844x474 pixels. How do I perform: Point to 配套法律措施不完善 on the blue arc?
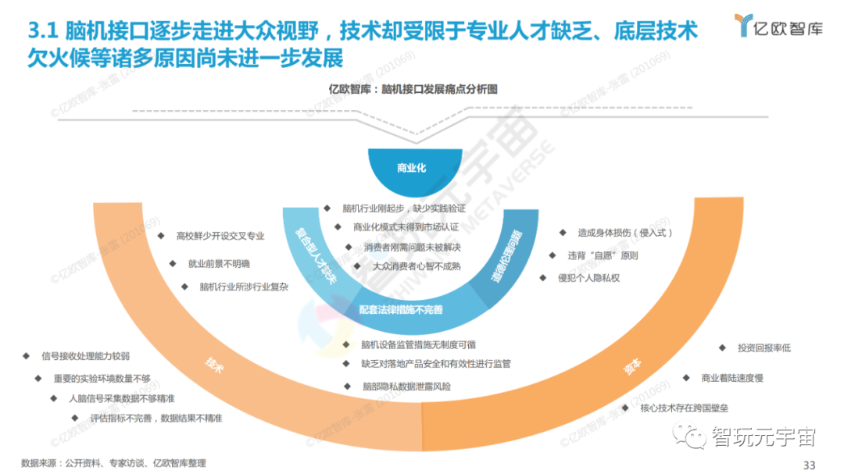[x=401, y=309]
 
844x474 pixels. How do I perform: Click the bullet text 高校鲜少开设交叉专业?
[x=220, y=235]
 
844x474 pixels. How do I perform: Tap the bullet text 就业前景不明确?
[x=219, y=263]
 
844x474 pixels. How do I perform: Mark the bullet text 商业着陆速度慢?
[x=732, y=378]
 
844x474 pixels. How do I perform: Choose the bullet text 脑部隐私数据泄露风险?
[x=406, y=386]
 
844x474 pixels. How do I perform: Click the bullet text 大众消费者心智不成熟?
[x=417, y=266]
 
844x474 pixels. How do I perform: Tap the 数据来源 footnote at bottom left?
[x=113, y=463]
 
